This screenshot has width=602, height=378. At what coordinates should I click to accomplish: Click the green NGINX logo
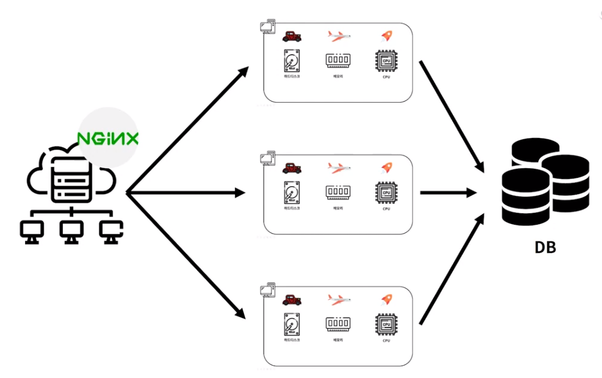108,137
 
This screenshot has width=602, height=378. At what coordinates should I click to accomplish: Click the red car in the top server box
292,37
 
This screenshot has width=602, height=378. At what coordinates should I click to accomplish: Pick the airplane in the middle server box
339,168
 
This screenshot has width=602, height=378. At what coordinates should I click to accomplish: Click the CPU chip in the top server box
386,62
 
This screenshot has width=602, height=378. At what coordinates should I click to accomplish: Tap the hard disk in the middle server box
291,193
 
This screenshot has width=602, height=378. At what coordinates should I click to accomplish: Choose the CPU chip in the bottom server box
386,325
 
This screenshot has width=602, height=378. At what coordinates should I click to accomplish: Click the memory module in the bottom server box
338,324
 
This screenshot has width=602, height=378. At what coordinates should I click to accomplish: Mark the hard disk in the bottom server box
291,325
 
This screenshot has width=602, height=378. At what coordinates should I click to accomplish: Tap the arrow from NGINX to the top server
186,129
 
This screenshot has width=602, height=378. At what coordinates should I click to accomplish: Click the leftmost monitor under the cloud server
30,232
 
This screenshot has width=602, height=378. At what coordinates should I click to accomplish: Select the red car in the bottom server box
292,300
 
